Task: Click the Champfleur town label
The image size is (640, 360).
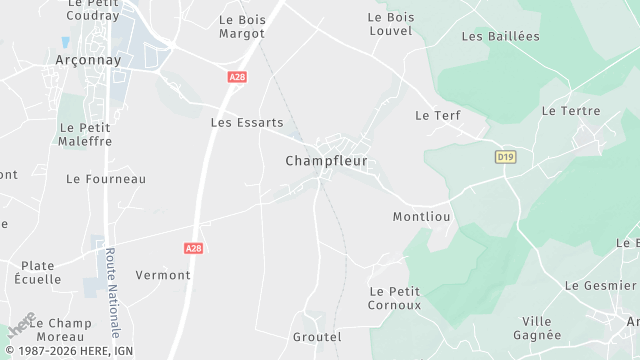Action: pos(326,160)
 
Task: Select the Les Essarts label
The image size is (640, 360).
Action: pos(247,123)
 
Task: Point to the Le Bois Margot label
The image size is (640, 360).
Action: pos(241,26)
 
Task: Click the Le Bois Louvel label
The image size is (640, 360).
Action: pos(390,24)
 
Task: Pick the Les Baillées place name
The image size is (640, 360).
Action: pos(500,36)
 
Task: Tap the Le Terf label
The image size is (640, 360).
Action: pos(437,116)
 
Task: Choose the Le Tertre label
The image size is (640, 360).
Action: pos(567,110)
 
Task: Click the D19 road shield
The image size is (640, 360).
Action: pos(504,156)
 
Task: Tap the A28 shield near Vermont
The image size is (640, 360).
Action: pos(194,247)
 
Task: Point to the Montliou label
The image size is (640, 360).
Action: pos(422,216)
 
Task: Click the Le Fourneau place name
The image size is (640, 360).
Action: pos(106,179)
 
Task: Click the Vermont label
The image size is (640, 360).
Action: pos(163,275)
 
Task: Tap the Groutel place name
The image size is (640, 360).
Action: pos(317,337)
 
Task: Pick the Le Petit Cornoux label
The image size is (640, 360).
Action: pos(395,298)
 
